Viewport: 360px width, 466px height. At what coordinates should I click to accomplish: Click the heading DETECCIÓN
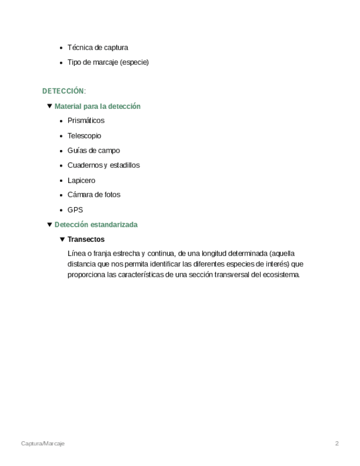pyautogui.click(x=63, y=91)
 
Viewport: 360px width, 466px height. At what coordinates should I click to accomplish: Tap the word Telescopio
pyautogui.click(x=84, y=136)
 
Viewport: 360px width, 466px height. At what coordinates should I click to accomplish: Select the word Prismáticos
pyautogui.click(x=86, y=120)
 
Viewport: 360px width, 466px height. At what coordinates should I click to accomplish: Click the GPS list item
pyautogui.click(x=75, y=210)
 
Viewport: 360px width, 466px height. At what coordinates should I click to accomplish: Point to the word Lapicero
pyautogui.click(x=81, y=180)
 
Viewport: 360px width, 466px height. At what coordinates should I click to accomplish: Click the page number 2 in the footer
pyautogui.click(x=337, y=443)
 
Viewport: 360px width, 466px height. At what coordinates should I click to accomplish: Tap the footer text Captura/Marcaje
pyautogui.click(x=43, y=443)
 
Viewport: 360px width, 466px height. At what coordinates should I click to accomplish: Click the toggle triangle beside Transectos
pyautogui.click(x=62, y=240)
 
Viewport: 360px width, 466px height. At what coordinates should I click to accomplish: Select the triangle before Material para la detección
pyautogui.click(x=49, y=106)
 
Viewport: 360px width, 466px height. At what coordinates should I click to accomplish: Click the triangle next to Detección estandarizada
pyautogui.click(x=49, y=224)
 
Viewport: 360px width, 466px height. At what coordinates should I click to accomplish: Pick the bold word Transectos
pyautogui.click(x=86, y=240)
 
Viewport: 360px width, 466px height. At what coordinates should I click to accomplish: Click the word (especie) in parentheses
pyautogui.click(x=134, y=62)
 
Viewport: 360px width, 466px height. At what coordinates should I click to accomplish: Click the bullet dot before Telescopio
pyautogui.click(x=61, y=136)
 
